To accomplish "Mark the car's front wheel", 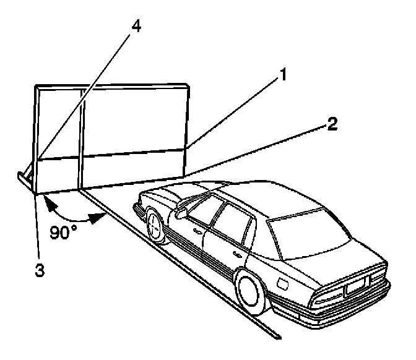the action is (x=155, y=225).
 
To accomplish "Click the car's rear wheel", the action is (x=252, y=287).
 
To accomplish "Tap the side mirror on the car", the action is (x=181, y=213).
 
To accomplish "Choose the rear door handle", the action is (x=238, y=254).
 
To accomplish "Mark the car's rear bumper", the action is (x=347, y=306).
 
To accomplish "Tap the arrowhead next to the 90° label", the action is (x=95, y=218).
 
